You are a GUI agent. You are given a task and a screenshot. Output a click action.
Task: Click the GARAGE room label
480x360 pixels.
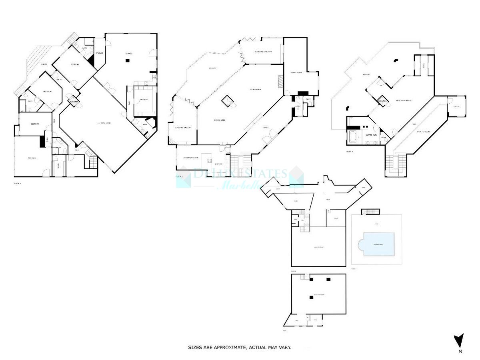click(x=128, y=54)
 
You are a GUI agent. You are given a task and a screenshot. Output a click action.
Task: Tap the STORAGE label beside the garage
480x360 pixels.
click(x=99, y=53)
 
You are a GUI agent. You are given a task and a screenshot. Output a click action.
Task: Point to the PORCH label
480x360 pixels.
click(x=44, y=64)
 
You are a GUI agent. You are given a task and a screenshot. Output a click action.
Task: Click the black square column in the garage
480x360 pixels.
click(x=127, y=61)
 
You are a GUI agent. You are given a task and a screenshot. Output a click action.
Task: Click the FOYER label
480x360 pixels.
click(x=265, y=128)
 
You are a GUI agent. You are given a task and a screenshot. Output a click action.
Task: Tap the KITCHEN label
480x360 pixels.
click(x=218, y=164)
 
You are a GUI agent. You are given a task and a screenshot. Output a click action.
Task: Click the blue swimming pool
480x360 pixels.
click(x=378, y=244)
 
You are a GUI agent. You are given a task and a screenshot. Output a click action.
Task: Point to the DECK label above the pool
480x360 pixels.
click(x=376, y=224)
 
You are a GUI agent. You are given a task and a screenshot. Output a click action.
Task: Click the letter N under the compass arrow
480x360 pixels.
click(x=460, y=352)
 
